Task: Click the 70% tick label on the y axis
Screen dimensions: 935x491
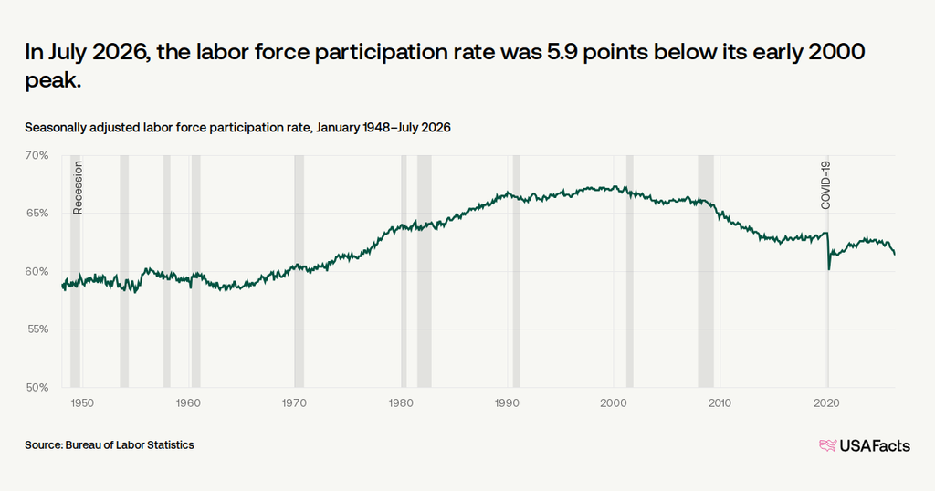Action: tap(37, 155)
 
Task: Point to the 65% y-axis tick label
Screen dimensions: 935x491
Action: tap(37, 214)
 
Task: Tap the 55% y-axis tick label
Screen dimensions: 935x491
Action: tap(37, 329)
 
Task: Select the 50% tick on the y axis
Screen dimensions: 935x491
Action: tap(37, 388)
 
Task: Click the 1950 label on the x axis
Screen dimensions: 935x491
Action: tap(82, 403)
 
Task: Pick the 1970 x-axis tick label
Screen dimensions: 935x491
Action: tap(294, 403)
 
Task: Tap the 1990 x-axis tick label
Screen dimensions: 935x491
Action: tap(507, 403)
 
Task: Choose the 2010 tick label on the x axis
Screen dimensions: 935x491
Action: tap(720, 403)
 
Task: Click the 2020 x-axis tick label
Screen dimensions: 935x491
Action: tap(826, 403)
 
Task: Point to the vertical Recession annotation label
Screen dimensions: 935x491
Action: tap(78, 188)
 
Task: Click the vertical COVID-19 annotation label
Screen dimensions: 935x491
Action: tap(825, 185)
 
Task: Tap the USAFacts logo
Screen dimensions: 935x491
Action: tap(865, 445)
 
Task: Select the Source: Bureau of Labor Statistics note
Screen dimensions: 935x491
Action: tap(110, 445)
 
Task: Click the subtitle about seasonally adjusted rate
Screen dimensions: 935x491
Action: tap(237, 128)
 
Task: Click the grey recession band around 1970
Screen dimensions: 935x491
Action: tap(299, 271)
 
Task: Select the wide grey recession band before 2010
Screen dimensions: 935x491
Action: tap(706, 271)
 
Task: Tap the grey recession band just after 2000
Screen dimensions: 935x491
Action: tap(630, 271)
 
